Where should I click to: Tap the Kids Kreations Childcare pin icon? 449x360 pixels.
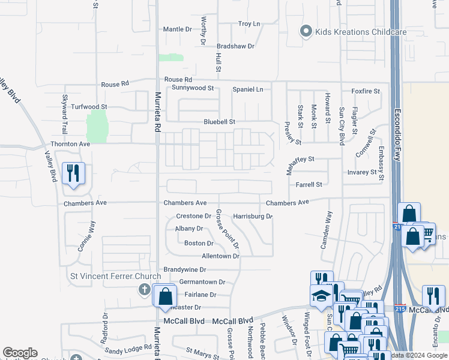306,31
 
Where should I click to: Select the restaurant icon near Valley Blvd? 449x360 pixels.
74,174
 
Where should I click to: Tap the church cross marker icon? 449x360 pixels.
144,290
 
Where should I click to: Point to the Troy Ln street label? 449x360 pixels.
249,24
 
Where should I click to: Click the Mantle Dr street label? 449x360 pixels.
177,29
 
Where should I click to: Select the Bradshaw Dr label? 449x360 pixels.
235,46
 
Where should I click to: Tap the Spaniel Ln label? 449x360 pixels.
248,89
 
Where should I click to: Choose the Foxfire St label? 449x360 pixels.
366,91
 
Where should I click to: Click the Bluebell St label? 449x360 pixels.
218,122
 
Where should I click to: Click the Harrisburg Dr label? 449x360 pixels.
253,216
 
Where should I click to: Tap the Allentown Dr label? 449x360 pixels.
220,256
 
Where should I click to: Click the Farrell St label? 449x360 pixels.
309,185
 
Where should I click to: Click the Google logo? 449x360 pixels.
20,353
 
